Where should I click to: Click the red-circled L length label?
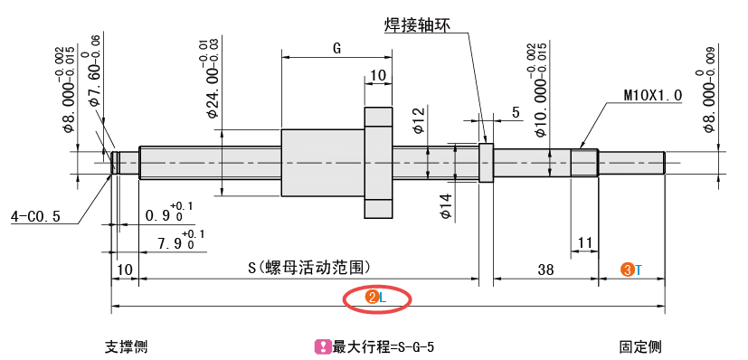(376, 297)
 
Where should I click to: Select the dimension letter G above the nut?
(336, 49)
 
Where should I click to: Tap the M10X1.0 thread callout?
(652, 94)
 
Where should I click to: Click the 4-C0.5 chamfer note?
(34, 216)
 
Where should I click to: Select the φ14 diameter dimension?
(445, 204)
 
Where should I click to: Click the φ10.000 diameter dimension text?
(541, 89)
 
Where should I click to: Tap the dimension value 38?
(545, 270)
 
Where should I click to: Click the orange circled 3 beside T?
(626, 270)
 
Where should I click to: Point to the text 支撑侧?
(125, 346)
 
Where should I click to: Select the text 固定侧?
(639, 346)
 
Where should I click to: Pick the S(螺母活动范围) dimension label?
(308, 269)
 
